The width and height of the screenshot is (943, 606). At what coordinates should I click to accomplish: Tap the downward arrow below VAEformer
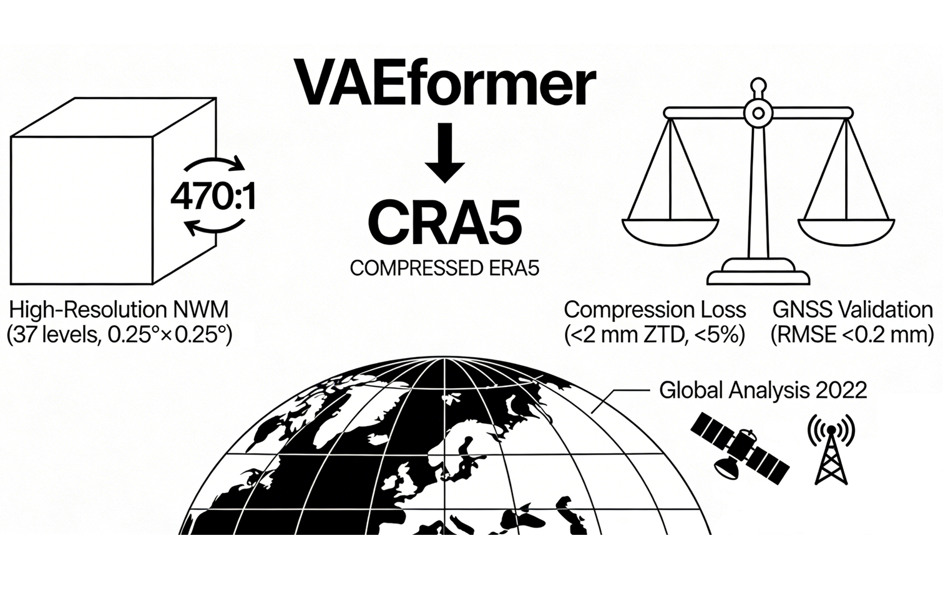[x=445, y=153]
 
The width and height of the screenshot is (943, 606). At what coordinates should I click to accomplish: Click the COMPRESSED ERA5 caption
[x=444, y=268]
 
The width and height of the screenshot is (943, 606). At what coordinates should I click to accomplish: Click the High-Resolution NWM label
[x=119, y=310]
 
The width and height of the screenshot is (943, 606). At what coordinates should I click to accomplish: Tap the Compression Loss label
[x=655, y=310]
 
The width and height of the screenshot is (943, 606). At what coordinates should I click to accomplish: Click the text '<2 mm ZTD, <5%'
[x=655, y=336]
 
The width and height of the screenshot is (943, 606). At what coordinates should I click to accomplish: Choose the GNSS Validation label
[x=853, y=310]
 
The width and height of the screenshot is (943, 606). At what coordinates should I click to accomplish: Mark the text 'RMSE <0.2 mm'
[x=853, y=336]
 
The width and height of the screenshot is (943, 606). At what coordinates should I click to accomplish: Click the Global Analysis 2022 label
[x=763, y=391]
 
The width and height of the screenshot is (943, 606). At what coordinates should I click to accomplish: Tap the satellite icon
[x=740, y=446]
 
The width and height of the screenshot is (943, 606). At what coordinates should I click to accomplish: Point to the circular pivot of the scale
[x=758, y=114]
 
